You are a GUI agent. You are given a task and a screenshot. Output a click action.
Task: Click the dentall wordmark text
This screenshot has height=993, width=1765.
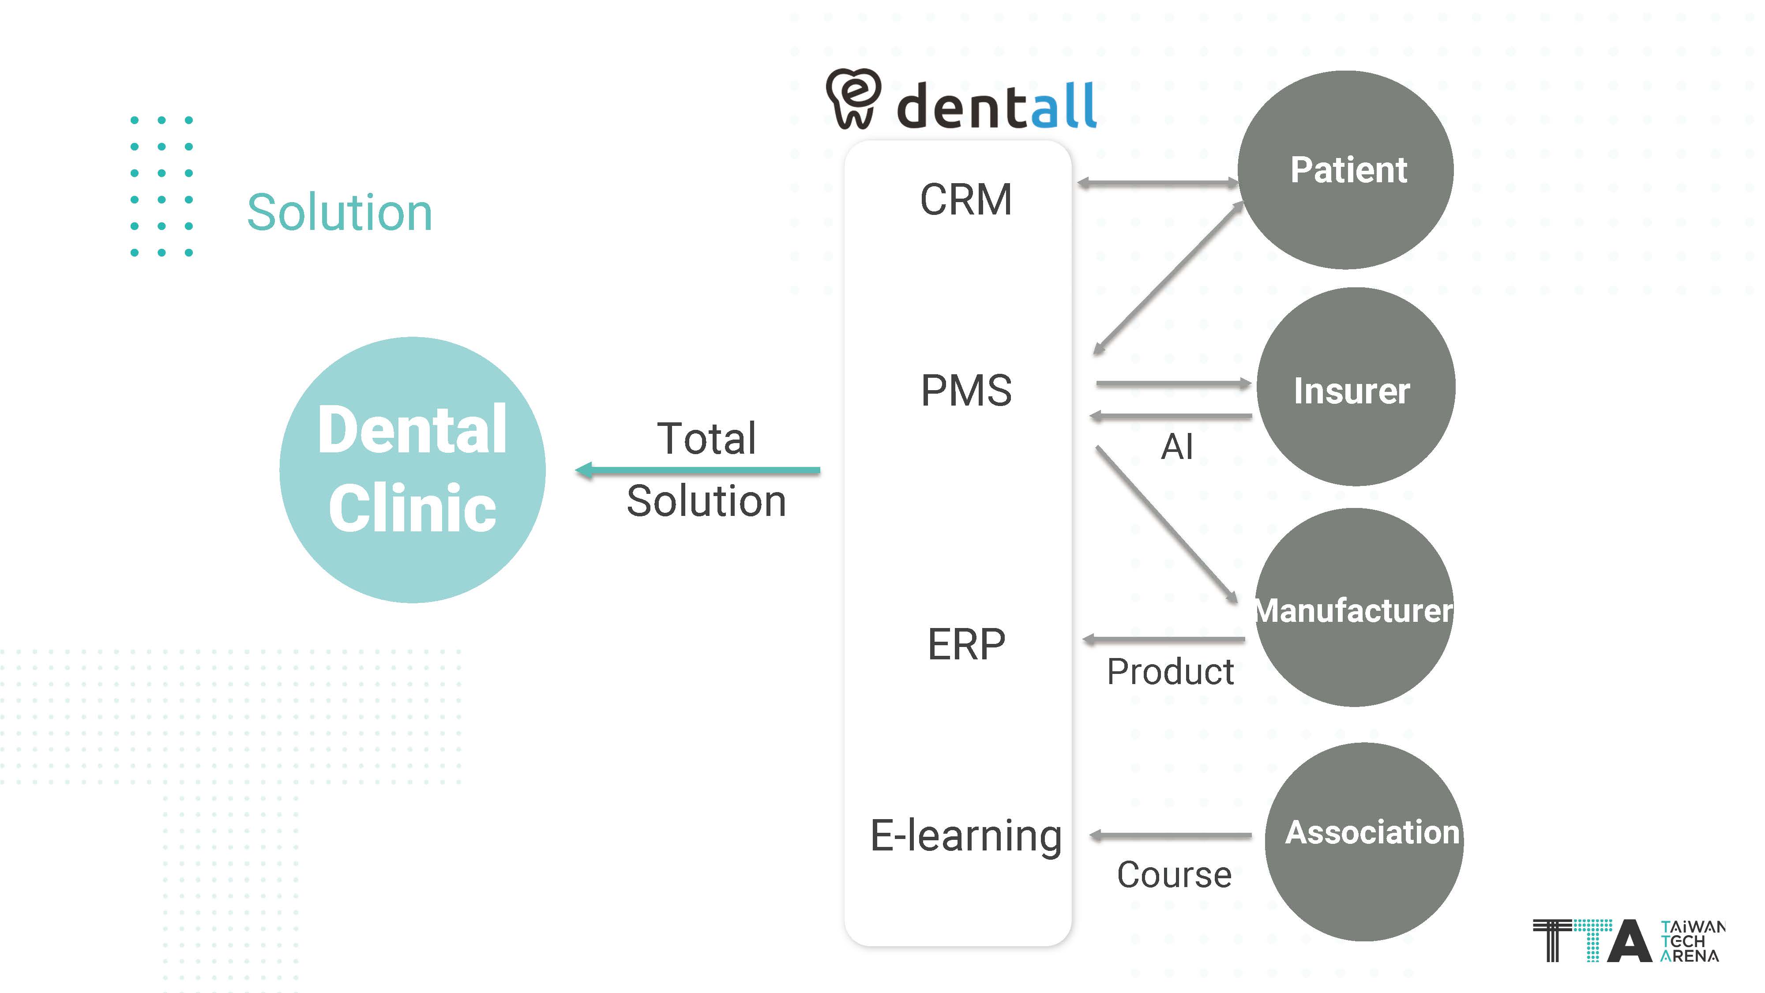[x=997, y=106]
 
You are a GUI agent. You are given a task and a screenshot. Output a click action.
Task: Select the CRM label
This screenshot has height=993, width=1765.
[x=965, y=199]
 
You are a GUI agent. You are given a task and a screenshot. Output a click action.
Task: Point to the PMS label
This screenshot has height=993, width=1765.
[x=966, y=391]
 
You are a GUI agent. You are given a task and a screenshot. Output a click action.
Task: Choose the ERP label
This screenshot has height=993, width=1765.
[x=966, y=644]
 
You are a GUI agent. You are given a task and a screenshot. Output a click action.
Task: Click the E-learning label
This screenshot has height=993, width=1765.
[x=966, y=835]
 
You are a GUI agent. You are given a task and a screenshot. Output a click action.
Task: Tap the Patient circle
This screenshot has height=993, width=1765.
[x=1346, y=170]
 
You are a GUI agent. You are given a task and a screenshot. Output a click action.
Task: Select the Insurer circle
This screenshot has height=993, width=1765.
[x=1355, y=387]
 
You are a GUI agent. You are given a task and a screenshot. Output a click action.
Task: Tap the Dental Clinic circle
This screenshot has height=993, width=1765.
[x=413, y=470]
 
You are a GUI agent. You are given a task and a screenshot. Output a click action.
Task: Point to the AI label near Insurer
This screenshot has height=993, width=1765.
[x=1176, y=447]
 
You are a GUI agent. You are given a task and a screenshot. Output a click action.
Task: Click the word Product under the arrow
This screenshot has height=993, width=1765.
[x=1170, y=672]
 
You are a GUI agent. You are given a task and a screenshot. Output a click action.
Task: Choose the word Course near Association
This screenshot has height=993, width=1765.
[x=1174, y=875]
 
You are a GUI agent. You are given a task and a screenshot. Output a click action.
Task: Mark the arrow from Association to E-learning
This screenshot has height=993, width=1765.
[x=1170, y=835]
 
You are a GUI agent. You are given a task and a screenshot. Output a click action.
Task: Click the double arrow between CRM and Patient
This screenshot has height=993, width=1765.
[x=1158, y=183]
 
